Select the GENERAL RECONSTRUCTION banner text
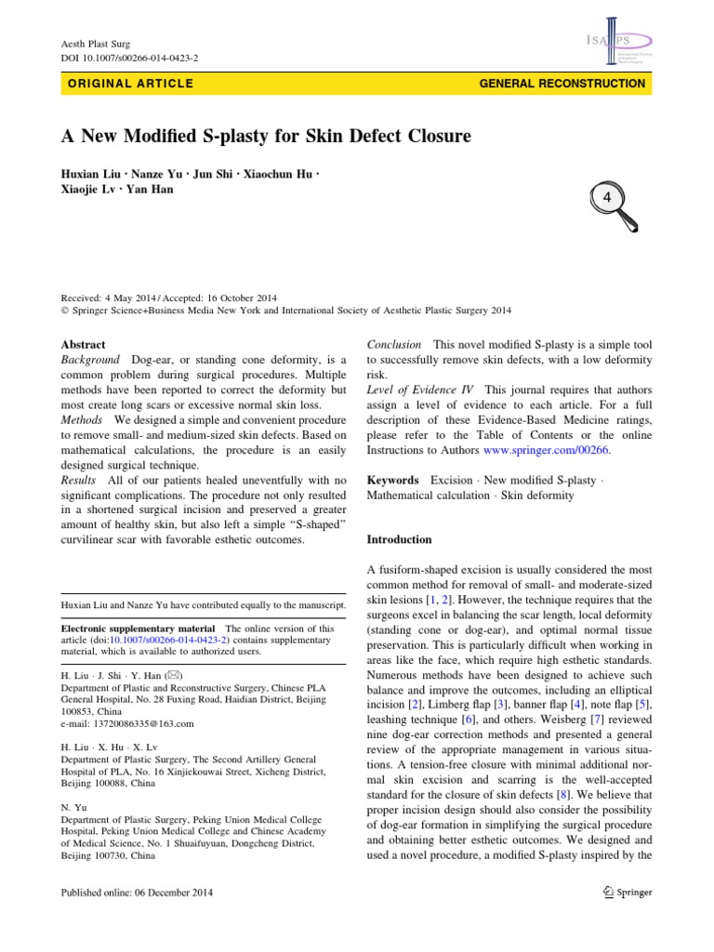[x=562, y=84]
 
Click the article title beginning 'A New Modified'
[x=266, y=137]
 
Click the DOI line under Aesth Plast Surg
[x=129, y=58]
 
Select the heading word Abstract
[x=84, y=344]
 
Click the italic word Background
[x=90, y=360]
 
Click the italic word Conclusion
[x=394, y=344]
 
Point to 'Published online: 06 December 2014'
[x=137, y=892]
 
